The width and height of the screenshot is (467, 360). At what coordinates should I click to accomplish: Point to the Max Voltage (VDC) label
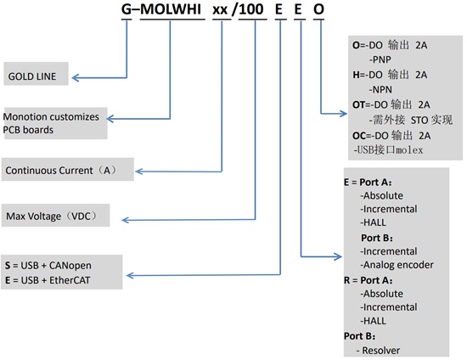click(57, 217)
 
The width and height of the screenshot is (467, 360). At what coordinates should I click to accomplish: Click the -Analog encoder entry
click(397, 265)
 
